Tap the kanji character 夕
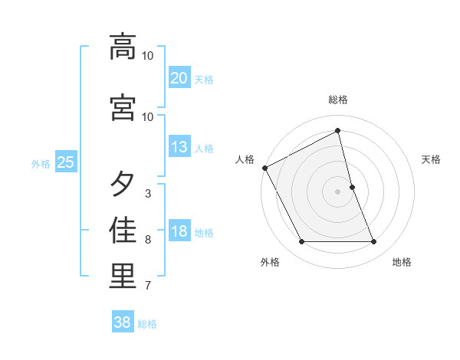click(123, 185)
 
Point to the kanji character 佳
click(123, 231)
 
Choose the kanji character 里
click(123, 277)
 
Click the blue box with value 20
click(179, 77)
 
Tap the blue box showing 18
click(179, 231)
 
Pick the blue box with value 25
click(66, 162)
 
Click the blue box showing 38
click(123, 322)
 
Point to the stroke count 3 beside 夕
click(147, 194)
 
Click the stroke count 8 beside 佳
click(147, 240)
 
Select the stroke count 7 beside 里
click(147, 286)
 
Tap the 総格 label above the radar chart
click(338, 100)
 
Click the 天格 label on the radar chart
click(432, 159)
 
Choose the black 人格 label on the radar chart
click(245, 159)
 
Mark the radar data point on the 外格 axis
click(301, 242)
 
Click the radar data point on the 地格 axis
click(374, 242)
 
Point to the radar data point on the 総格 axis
click(338, 130)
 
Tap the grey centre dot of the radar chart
click(338, 191)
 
